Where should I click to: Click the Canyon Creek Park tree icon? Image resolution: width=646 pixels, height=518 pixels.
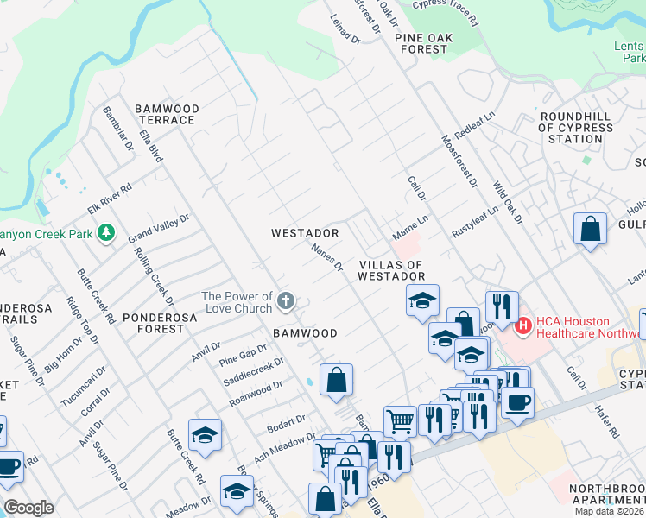(x=105, y=233)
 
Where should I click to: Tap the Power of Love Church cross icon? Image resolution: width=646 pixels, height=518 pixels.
(x=286, y=302)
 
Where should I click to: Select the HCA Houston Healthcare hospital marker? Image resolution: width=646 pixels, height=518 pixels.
(x=522, y=327)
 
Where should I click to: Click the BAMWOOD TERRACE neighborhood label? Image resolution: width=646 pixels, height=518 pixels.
(x=167, y=115)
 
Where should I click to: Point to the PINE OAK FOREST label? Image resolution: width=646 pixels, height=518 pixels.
(x=421, y=43)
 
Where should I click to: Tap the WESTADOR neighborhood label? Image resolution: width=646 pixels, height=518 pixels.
(x=304, y=233)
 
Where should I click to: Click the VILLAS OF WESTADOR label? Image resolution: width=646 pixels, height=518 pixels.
(x=392, y=270)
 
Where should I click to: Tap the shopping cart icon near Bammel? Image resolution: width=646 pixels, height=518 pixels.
(x=400, y=421)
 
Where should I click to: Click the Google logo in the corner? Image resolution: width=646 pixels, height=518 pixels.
(x=28, y=508)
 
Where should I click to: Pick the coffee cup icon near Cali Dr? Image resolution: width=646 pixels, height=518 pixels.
(x=517, y=402)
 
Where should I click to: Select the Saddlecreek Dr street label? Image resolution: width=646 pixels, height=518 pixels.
(x=253, y=371)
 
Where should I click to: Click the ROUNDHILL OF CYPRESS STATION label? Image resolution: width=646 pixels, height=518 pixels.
(x=574, y=128)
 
